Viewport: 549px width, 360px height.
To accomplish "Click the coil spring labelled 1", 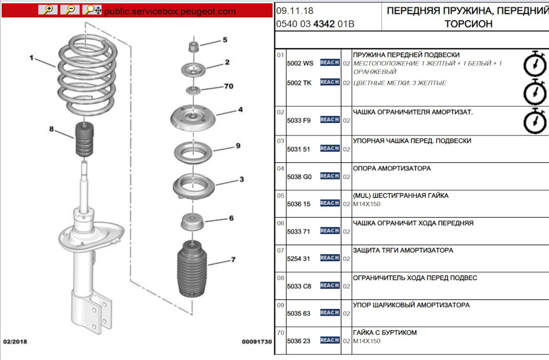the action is click(87, 75).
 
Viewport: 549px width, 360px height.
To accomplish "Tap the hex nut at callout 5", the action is click(194, 46).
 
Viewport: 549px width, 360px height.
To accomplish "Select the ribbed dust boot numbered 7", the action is click(192, 269).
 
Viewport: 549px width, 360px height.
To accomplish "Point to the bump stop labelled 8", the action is click(85, 139).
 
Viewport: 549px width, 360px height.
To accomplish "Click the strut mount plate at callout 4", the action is click(193, 118).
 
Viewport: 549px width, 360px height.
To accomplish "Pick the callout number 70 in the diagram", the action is click(229, 86).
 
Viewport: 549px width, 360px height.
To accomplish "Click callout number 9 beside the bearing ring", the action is click(238, 146).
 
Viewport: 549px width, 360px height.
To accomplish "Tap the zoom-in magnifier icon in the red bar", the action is click(48, 10).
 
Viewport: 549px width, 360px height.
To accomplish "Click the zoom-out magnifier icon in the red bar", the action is click(70, 10).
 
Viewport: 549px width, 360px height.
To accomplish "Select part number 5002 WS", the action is click(300, 63).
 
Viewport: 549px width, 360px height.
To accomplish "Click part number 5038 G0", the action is click(299, 177).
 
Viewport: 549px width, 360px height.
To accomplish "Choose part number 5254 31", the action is click(299, 258).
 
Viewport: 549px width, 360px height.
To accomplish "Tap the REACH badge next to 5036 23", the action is click(330, 340).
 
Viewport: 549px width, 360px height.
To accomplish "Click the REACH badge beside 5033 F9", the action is click(330, 119).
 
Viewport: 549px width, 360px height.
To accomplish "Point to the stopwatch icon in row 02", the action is click(535, 121).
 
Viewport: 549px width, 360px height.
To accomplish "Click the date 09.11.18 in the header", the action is click(295, 11).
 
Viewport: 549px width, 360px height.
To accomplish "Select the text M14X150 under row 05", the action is click(367, 204).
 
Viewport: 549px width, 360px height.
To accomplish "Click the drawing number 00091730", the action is click(257, 342).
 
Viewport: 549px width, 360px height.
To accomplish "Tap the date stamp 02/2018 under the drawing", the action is click(15, 342).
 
